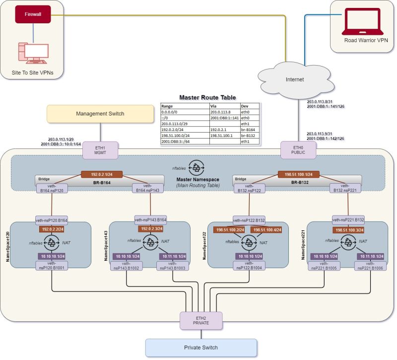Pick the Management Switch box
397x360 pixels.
point(100,114)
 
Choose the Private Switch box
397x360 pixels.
point(201,348)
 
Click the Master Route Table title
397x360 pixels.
point(207,97)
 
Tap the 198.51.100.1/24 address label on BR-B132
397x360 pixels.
point(298,175)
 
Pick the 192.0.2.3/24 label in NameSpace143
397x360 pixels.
point(151,229)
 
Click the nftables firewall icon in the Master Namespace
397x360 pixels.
point(197,167)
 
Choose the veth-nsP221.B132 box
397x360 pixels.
point(348,219)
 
